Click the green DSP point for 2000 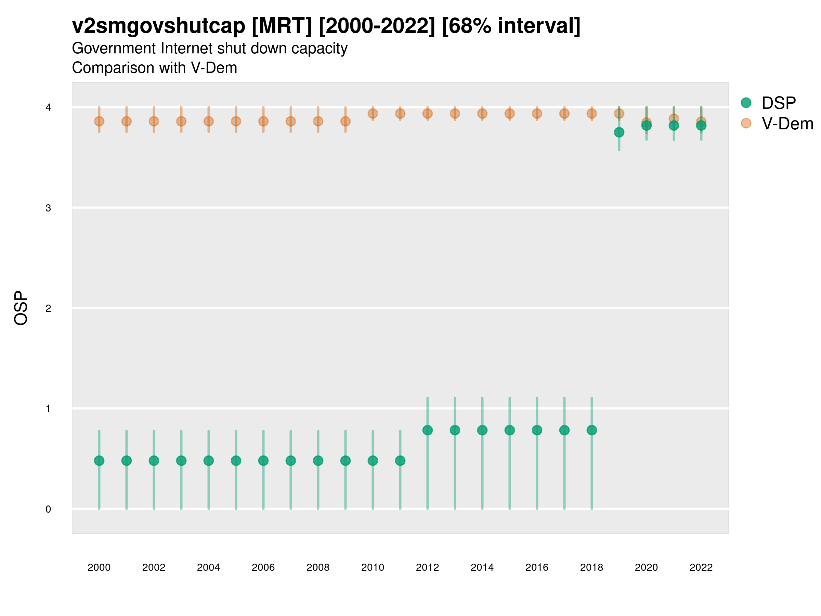click(x=99, y=460)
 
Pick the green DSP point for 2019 click(x=619, y=132)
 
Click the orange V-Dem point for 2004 click(x=209, y=121)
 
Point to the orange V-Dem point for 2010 click(x=373, y=114)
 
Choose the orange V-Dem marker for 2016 click(x=537, y=114)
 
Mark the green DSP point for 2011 click(x=400, y=460)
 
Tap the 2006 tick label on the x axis click(x=263, y=567)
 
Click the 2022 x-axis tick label click(x=701, y=567)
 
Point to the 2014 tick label click(x=482, y=567)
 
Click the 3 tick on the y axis click(x=48, y=208)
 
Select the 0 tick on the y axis click(x=48, y=509)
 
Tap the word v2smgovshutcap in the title click(x=158, y=26)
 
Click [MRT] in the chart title click(x=282, y=26)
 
